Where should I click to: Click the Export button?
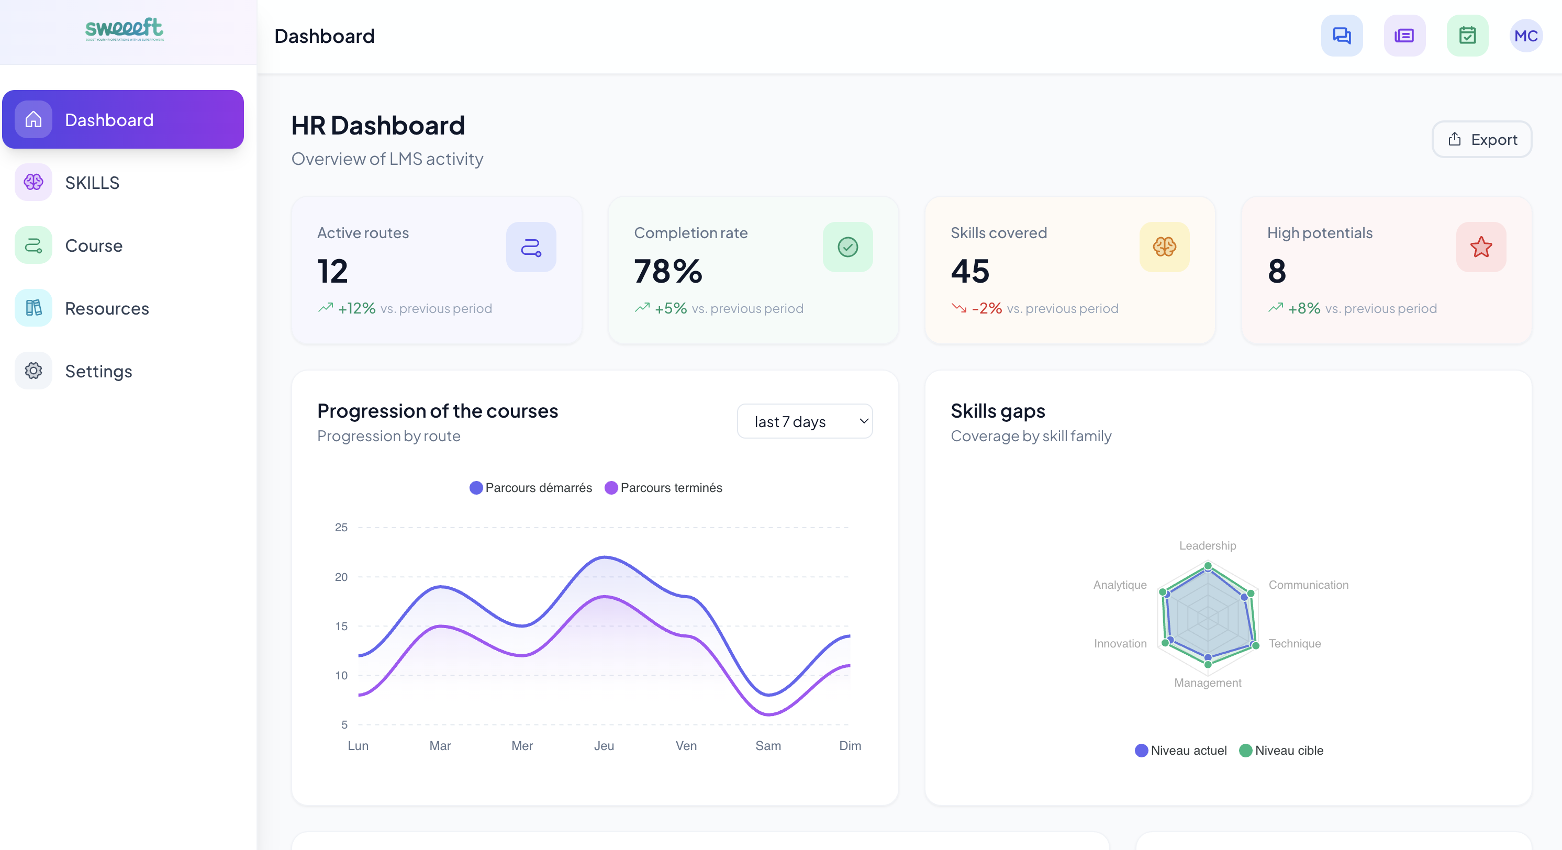click(1481, 139)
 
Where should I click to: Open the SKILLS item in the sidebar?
click(92, 183)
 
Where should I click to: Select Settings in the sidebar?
click(98, 371)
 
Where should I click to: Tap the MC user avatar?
click(1525, 36)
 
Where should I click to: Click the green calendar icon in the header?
click(1467, 36)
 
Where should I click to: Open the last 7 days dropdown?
click(804, 421)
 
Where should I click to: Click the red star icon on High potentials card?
click(1480, 247)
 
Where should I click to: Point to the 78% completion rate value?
click(667, 271)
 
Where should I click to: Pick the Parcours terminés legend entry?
click(663, 488)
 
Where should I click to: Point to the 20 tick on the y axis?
click(341, 577)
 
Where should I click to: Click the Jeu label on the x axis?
click(604, 746)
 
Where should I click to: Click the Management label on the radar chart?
click(1207, 683)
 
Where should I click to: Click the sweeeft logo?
click(124, 28)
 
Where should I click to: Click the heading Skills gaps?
click(998, 411)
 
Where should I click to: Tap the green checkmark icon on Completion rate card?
click(847, 247)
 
